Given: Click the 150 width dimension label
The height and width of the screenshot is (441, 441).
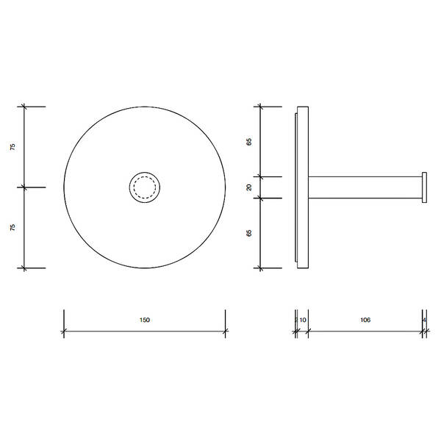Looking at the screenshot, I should (144, 320).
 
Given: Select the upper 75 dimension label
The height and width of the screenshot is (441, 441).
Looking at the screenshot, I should (13, 147).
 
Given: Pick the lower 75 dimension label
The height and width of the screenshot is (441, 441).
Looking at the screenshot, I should (13, 228).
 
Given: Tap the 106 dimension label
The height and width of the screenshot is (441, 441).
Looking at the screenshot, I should (365, 320).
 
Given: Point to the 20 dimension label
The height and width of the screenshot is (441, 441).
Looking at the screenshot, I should (249, 187).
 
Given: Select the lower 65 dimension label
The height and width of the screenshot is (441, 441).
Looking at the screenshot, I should (249, 233).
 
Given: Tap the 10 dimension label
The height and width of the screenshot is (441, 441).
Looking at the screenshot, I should (303, 320).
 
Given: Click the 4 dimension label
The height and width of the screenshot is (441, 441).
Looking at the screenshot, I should (425, 320).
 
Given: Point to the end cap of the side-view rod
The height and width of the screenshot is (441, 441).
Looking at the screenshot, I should (424, 187).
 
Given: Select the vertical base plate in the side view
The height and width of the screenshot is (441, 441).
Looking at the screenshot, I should (303, 187).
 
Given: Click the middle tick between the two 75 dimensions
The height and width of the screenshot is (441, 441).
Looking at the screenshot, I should (25, 187).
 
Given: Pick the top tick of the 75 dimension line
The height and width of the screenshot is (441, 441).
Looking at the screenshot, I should (25, 107).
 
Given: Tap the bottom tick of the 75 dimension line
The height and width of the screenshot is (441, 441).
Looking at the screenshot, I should (25, 268).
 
